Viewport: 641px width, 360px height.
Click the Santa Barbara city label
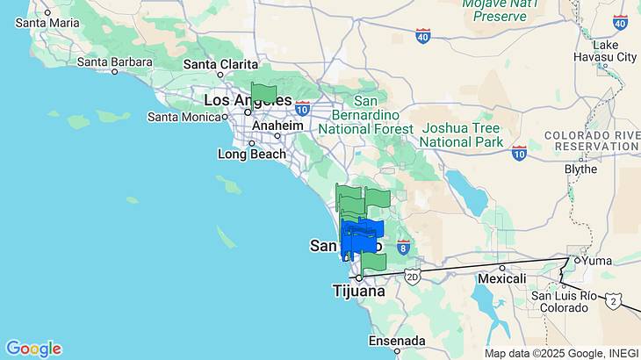point(114,61)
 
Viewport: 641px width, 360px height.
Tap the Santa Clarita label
point(220,64)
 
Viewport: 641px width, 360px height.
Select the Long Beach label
point(252,155)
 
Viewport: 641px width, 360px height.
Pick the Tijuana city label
point(358,291)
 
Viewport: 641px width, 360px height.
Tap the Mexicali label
point(501,278)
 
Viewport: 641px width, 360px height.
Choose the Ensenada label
point(396,341)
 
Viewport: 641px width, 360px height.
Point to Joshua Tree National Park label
point(461,134)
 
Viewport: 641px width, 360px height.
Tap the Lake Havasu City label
point(614,51)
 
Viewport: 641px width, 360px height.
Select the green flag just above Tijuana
point(373,262)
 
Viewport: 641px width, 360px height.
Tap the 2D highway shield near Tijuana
point(414,277)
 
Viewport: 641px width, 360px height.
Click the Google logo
point(33,349)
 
